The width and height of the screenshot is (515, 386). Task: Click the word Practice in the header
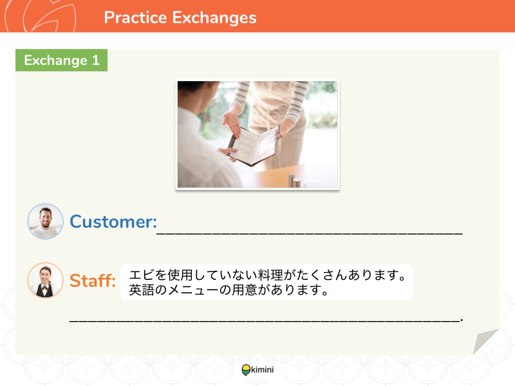(135, 17)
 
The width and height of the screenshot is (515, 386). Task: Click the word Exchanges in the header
(214, 18)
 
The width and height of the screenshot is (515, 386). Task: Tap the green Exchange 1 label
(61, 60)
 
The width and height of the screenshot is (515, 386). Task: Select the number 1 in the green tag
(95, 60)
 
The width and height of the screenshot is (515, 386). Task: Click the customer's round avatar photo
(45, 221)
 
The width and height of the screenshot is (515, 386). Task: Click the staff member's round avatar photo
(45, 280)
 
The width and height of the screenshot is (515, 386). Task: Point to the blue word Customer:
(113, 221)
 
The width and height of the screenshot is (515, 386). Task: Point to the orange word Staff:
(92, 280)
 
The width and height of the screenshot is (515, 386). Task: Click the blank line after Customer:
(310, 233)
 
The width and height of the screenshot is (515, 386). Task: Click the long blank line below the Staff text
(266, 320)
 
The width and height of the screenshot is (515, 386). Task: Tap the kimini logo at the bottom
(258, 370)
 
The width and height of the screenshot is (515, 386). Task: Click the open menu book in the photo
(254, 145)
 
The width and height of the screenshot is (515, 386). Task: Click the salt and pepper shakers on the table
(294, 181)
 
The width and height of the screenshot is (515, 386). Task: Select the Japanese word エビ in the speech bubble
(142, 275)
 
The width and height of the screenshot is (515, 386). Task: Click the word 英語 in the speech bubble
(142, 290)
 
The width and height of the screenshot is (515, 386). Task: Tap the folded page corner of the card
(485, 341)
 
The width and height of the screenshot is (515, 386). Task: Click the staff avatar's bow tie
(44, 288)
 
